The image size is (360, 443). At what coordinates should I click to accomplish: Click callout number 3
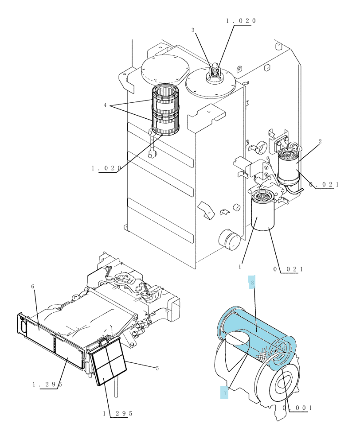[x=193, y=30]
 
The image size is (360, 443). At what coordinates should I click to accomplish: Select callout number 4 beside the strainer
[x=105, y=105]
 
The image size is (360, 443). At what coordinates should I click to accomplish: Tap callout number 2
[x=320, y=141]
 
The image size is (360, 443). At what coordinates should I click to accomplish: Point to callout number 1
[x=240, y=266]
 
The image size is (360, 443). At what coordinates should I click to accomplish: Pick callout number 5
[x=157, y=368]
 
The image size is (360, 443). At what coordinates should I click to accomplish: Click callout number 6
[x=32, y=287]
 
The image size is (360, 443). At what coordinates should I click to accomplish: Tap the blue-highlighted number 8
[x=252, y=283]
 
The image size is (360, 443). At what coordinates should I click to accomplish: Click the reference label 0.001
[x=297, y=408]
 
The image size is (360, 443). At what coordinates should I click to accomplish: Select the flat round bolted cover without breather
[x=165, y=70]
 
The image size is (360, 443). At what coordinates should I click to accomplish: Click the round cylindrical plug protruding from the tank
[x=229, y=239]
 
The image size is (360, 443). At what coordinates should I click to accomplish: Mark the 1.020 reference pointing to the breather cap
[x=241, y=21]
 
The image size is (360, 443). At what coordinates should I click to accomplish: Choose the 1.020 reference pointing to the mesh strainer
[x=106, y=168]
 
